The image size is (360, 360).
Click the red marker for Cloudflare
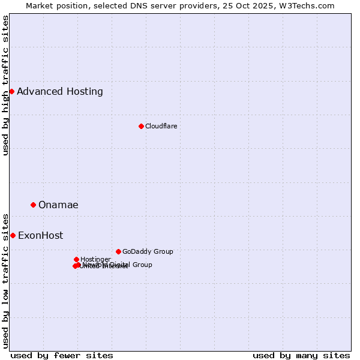141,126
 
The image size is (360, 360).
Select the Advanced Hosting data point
11,91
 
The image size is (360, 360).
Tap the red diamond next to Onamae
33,205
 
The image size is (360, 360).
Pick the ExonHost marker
13,235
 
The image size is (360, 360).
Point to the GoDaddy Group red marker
118,251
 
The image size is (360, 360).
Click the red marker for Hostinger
76,259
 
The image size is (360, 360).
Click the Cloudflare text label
161,126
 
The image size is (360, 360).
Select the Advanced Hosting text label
60,92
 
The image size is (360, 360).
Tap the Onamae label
58,205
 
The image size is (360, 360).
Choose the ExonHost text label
40,236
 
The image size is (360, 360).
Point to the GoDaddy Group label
148,251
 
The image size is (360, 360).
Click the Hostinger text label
95,259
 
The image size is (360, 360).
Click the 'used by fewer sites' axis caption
62,355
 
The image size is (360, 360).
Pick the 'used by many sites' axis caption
301,355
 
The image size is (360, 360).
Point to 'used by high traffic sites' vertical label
6,85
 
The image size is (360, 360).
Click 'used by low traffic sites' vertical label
6,281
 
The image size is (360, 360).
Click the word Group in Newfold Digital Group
142,265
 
